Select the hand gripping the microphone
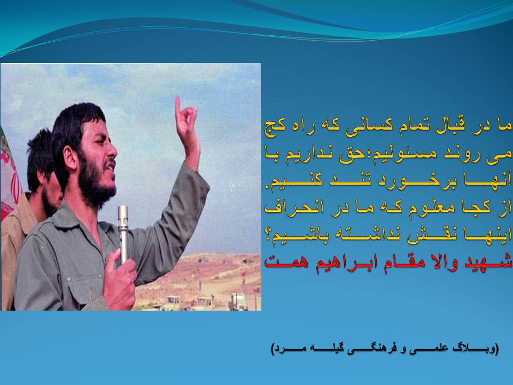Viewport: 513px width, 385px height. pos(119,279)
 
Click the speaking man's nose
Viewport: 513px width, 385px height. pos(111,149)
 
